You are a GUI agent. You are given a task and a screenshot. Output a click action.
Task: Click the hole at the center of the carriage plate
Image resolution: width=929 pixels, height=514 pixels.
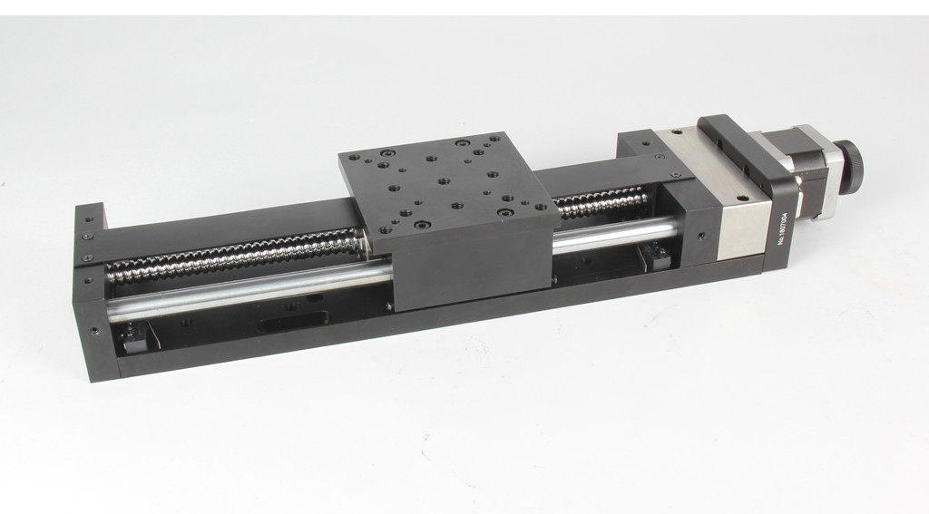tap(443, 180)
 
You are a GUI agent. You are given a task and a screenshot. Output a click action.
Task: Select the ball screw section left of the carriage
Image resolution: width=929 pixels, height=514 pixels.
tap(234, 256)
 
